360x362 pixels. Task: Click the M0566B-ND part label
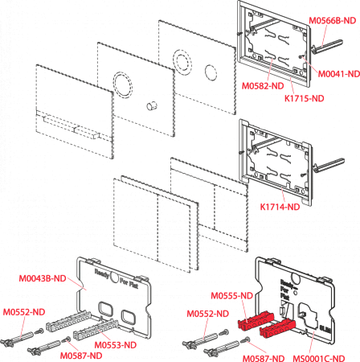pyautogui.click(x=333, y=21)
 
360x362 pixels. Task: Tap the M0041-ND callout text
pyautogui.click(x=338, y=74)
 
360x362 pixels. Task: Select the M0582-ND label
pyautogui.click(x=263, y=86)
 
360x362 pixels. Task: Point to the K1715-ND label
pyautogui.click(x=304, y=98)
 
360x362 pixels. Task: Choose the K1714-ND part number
pyautogui.click(x=280, y=207)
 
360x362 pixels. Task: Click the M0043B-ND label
pyautogui.click(x=43, y=278)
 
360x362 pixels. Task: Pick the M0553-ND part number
pyautogui.click(x=116, y=345)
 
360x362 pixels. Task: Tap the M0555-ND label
pyautogui.click(x=232, y=295)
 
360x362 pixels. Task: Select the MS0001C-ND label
pyautogui.click(x=319, y=358)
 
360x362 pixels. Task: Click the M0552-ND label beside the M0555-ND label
pyautogui.click(x=207, y=314)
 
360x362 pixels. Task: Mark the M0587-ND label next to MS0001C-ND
pyautogui.click(x=264, y=358)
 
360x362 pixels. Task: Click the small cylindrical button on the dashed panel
pyautogui.click(x=152, y=105)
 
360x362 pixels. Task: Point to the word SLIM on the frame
pyautogui.click(x=325, y=328)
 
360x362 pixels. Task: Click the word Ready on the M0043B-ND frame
pyautogui.click(x=102, y=274)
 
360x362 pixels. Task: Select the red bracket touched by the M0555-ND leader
pyautogui.click(x=256, y=319)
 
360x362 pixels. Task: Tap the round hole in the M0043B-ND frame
pyautogui.click(x=115, y=278)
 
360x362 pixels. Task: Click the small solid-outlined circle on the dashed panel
pyautogui.click(x=211, y=72)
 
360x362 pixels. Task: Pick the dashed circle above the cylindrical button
pyautogui.click(x=123, y=84)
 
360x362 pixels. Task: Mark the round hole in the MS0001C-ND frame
pyautogui.click(x=296, y=279)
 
